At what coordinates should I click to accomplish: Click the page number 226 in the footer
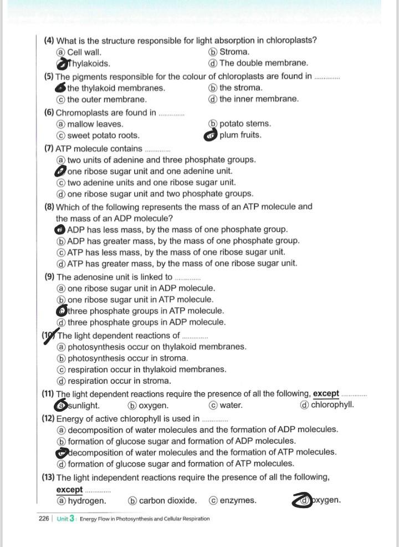tap(43, 519)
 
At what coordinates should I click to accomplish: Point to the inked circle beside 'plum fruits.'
tap(211, 135)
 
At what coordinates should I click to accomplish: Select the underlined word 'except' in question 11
tap(326, 393)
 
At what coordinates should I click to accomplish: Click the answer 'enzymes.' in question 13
tap(238, 500)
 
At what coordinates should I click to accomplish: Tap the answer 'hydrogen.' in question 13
tap(86, 500)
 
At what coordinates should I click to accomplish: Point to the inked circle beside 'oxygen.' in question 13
tap(303, 500)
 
